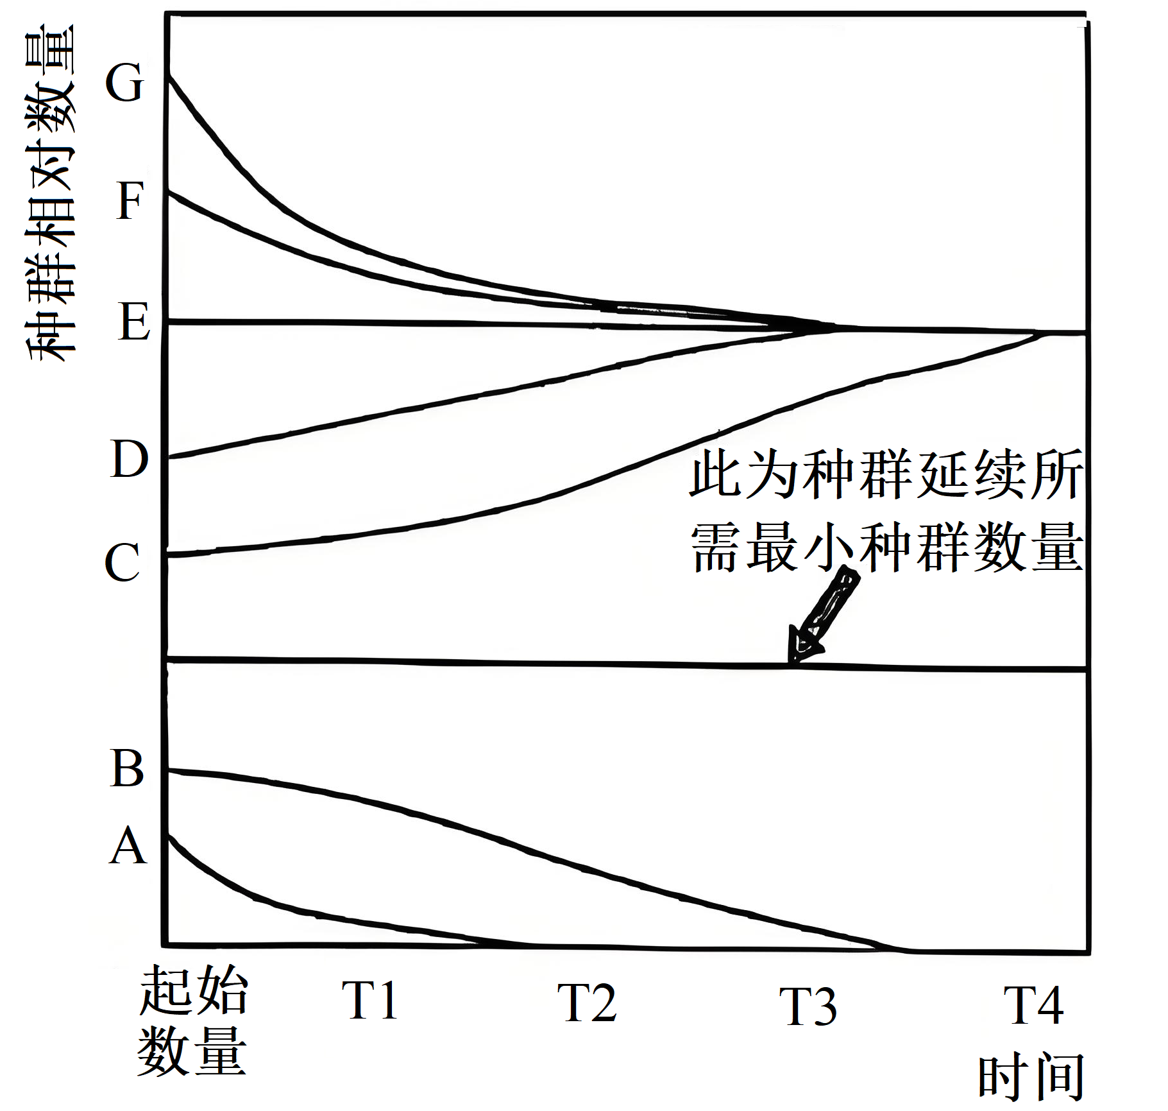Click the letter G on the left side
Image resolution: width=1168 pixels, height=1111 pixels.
click(124, 83)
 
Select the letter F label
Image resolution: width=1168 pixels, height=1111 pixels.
click(130, 201)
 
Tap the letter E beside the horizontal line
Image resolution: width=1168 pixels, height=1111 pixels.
click(134, 322)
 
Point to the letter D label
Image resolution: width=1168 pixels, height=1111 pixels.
click(129, 459)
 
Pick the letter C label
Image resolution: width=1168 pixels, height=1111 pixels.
click(122, 562)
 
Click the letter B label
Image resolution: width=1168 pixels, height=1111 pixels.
click(127, 768)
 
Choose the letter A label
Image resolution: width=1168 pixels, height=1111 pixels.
click(128, 846)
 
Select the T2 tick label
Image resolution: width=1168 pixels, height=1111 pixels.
click(587, 1003)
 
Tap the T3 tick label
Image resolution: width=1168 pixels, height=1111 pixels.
click(808, 1006)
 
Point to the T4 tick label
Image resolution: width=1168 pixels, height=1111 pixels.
click(1033, 1005)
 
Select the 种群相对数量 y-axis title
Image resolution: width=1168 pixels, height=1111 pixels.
click(50, 193)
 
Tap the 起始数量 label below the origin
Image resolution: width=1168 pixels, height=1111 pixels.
click(192, 1021)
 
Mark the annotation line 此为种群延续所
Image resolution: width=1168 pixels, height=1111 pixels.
click(886, 474)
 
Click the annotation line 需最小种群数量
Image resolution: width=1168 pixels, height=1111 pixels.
click(886, 547)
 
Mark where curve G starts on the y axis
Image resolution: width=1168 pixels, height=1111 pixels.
click(168, 76)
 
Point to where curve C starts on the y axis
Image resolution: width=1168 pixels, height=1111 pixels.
click(168, 554)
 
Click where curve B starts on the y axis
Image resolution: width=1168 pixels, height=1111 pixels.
click(168, 770)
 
